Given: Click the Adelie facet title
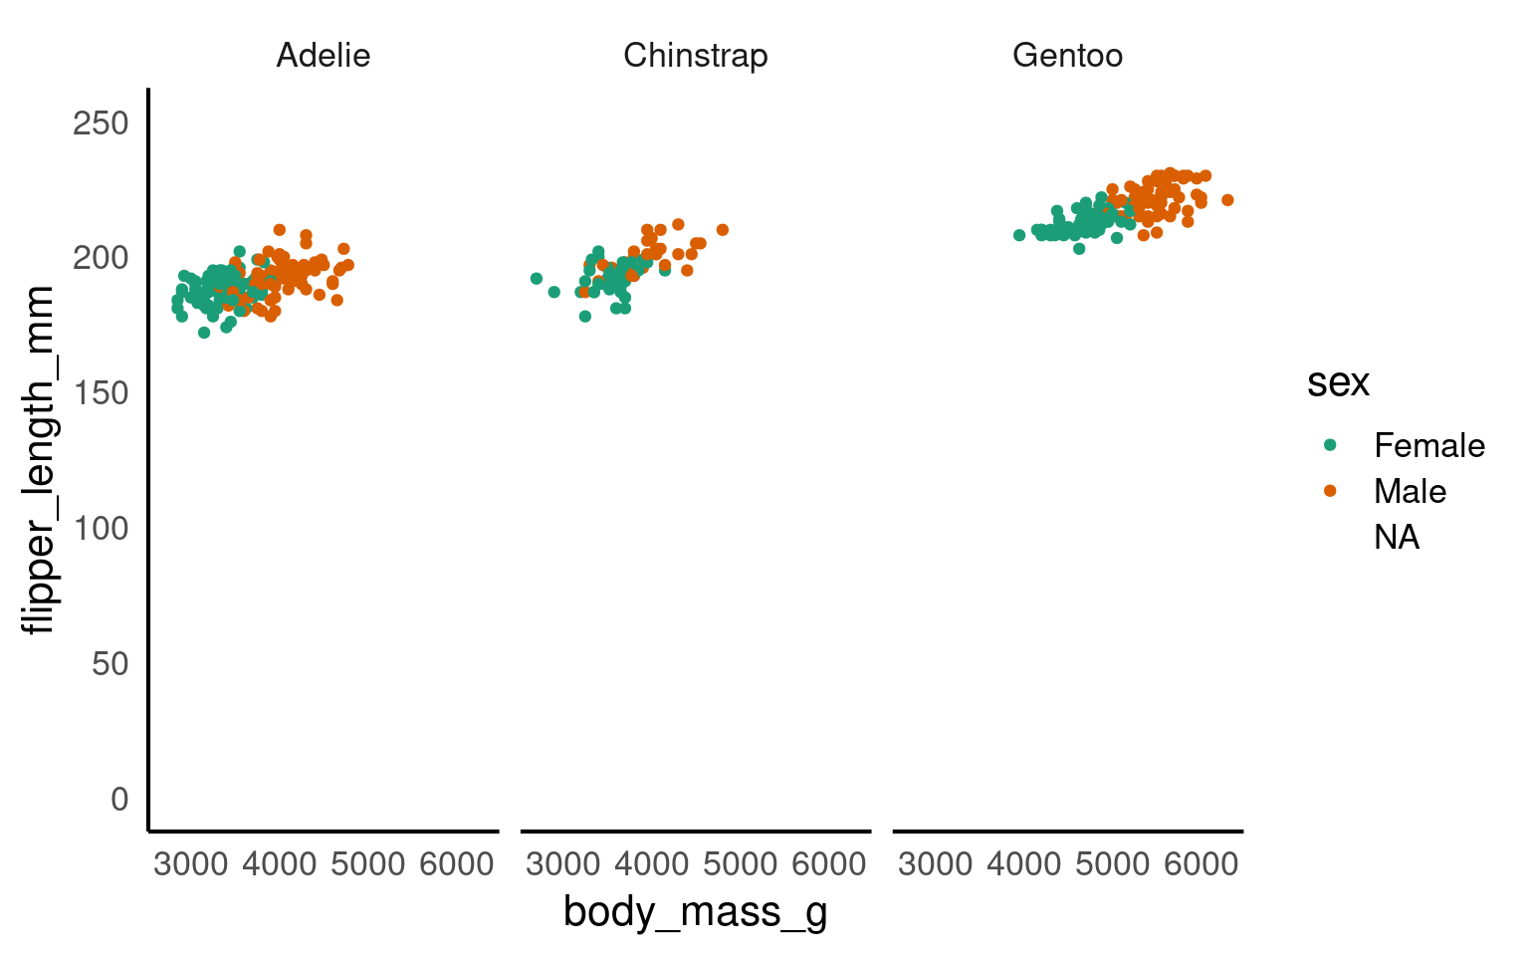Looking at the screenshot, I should pos(323,55).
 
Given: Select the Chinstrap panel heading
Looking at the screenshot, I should pos(695,55).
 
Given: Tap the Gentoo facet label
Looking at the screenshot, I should pos(1067,55).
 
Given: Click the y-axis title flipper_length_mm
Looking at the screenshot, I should pos(40,460).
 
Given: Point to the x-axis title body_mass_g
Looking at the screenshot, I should pos(695,911).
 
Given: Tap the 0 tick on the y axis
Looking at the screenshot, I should pos(120,799).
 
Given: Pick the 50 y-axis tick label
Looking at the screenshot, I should pos(110,663).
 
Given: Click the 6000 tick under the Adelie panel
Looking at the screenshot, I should pos(457,863).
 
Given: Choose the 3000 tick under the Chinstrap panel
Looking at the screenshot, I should pos(563,863).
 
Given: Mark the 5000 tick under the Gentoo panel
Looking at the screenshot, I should pos(1112,863).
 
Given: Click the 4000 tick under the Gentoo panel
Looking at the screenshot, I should pos(1024,863).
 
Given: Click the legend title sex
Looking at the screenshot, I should pos(1338,382).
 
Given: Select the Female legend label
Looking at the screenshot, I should pos(1428,445).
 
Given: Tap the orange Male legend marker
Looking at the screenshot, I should pos(1330,490).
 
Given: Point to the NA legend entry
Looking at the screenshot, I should pos(1397,537).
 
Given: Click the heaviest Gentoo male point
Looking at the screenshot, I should pos(1227,200).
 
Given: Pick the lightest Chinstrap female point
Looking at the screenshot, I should pos(537,279).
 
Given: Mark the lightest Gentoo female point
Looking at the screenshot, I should pos(1019,235).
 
